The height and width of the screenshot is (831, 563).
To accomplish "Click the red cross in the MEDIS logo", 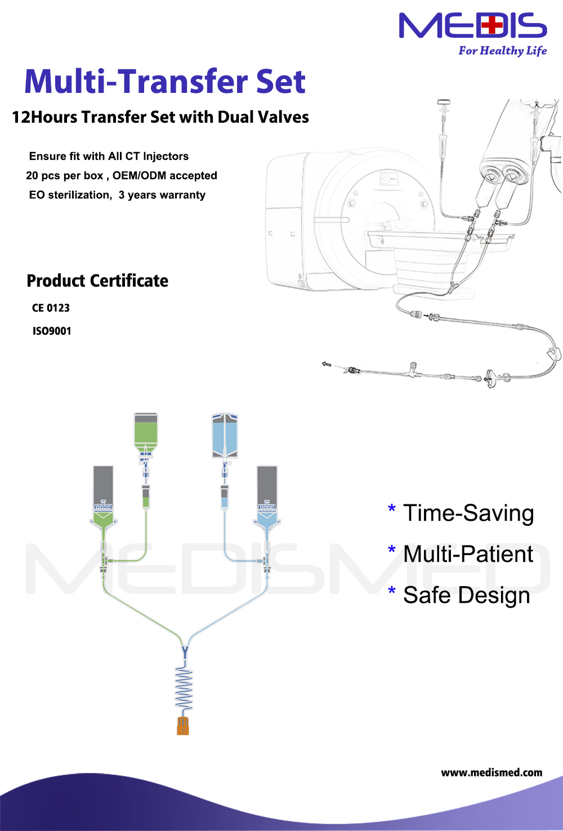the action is [x=492, y=25].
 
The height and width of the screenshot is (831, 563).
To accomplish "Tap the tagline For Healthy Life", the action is [x=503, y=51].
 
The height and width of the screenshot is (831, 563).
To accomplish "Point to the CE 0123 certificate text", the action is [x=51, y=308].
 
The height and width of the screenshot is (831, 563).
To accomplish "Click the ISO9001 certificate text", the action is [x=52, y=331].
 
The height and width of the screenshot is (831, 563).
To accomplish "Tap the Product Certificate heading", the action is [x=97, y=281].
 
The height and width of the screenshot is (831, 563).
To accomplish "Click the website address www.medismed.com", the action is [x=491, y=772].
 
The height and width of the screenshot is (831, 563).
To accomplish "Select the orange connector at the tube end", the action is [x=183, y=726].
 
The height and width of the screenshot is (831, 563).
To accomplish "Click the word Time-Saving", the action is [x=468, y=513].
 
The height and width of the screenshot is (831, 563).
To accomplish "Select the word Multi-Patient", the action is [x=468, y=554].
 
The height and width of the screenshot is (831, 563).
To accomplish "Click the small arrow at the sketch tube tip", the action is [x=327, y=364].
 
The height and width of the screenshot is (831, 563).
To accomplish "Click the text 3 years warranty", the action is [x=162, y=195].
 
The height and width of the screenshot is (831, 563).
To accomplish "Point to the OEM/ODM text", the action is [x=139, y=175].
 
